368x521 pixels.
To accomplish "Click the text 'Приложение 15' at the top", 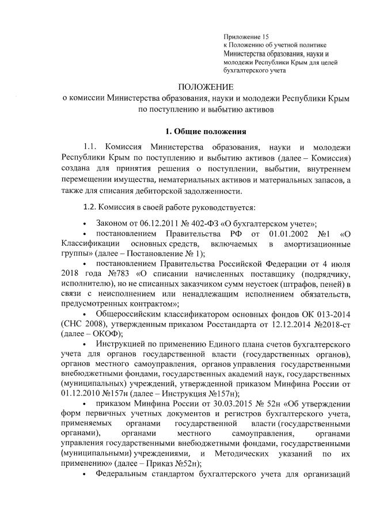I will tap(246, 36).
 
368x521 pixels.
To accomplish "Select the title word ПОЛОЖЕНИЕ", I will tap(206, 86).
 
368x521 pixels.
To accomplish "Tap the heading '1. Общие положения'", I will tap(206, 130).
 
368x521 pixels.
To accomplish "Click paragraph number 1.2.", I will tap(92, 207).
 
